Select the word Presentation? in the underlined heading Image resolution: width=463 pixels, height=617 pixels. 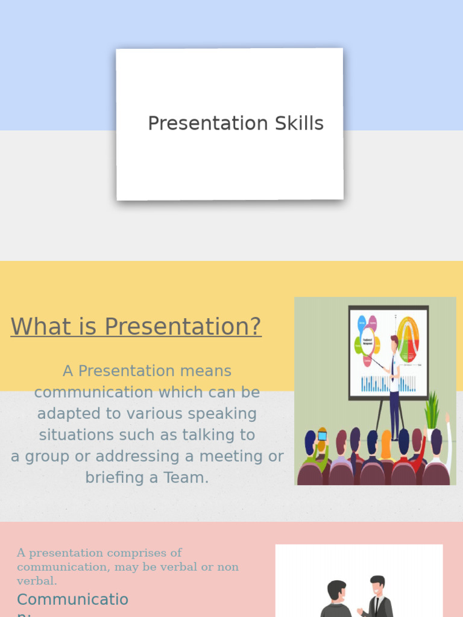[x=183, y=327]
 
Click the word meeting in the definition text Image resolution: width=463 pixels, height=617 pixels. [x=233, y=457]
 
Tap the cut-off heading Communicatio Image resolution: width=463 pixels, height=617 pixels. [x=72, y=600]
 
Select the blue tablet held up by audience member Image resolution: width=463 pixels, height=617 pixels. [x=323, y=436]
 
